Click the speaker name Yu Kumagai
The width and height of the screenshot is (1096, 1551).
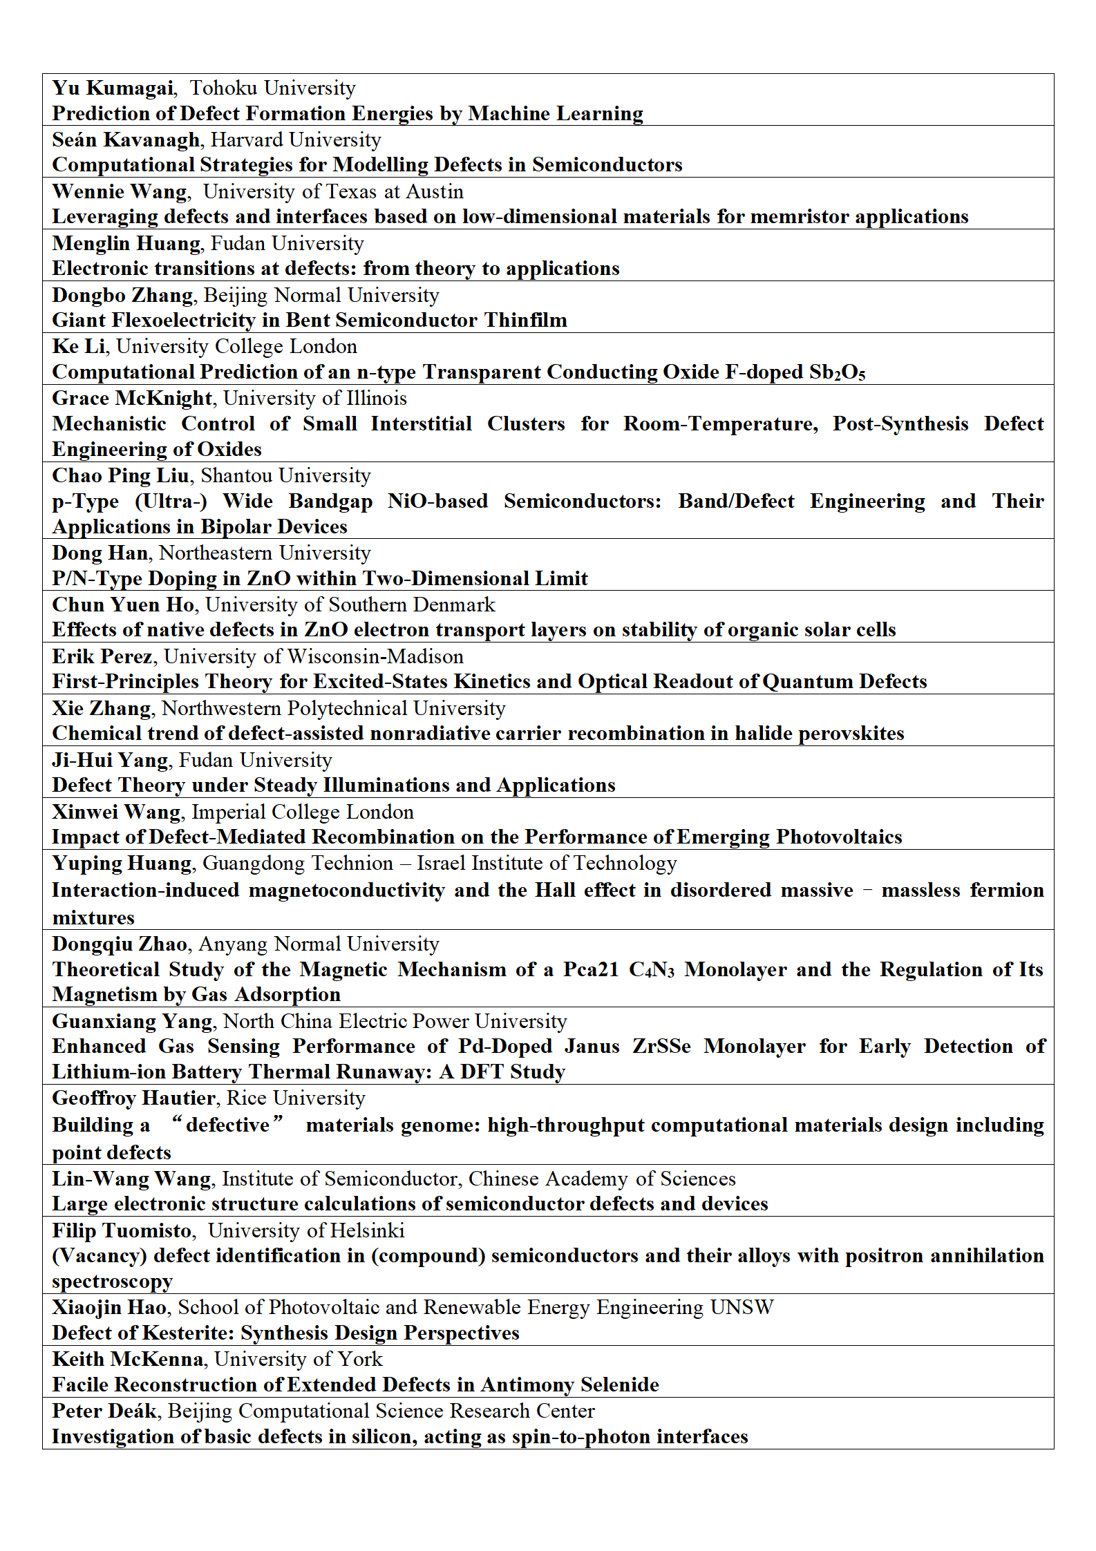click(x=113, y=88)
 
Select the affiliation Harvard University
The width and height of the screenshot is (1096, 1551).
click(x=296, y=140)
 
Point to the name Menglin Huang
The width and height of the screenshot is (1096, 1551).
click(x=126, y=244)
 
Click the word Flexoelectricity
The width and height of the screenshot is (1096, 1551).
click(x=193, y=321)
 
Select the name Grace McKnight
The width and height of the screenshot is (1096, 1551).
click(x=132, y=399)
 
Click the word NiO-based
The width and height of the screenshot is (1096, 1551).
click(x=437, y=502)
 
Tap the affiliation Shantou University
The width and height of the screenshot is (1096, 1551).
click(x=285, y=476)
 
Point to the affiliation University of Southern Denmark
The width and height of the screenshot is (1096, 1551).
click(x=350, y=605)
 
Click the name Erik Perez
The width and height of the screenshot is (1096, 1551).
click(x=102, y=657)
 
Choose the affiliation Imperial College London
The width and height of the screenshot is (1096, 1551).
click(x=303, y=812)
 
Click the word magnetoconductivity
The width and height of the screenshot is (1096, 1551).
click(x=346, y=891)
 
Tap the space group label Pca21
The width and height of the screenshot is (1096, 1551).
click(x=591, y=970)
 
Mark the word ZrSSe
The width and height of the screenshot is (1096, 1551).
click(x=661, y=1047)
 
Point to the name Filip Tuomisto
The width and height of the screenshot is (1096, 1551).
click(x=122, y=1231)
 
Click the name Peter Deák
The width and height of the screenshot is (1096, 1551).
click(x=104, y=1411)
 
